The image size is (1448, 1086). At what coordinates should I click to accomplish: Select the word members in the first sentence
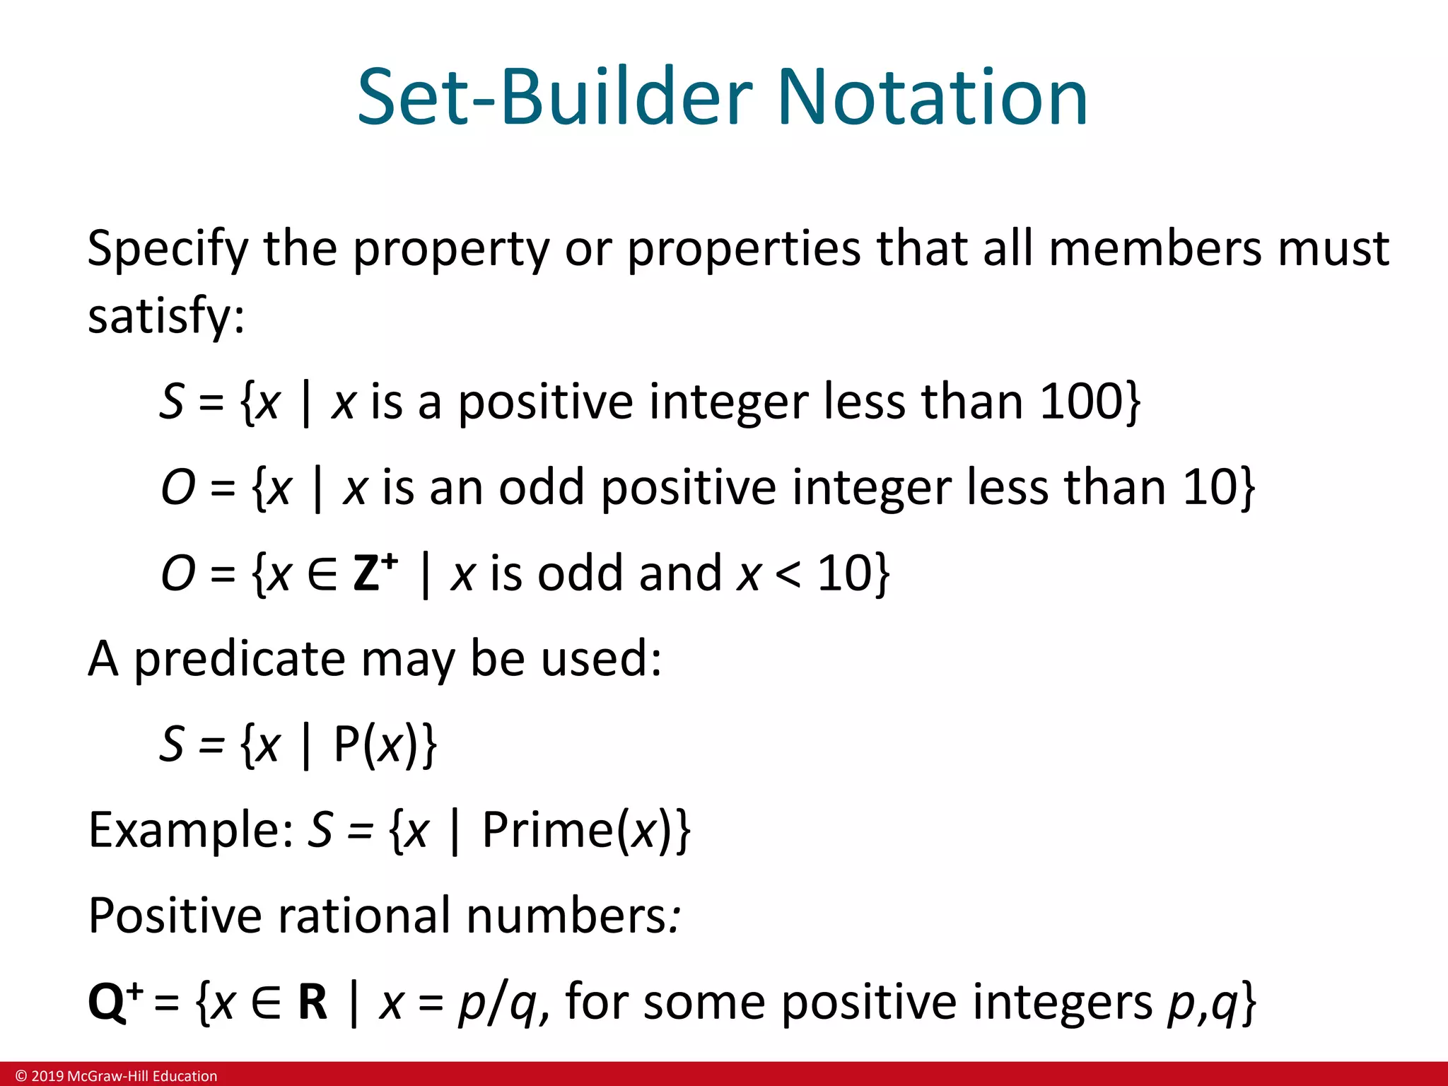coord(1155,249)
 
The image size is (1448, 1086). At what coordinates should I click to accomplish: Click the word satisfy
coord(165,316)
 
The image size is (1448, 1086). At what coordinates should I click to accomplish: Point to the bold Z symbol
coord(367,573)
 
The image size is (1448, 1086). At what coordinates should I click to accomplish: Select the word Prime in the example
coord(547,830)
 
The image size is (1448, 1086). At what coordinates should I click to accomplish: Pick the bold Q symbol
coord(107,1003)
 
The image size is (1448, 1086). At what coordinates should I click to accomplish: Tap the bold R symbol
coord(313,1003)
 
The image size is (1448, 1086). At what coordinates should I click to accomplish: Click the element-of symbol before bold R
coord(267,1003)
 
